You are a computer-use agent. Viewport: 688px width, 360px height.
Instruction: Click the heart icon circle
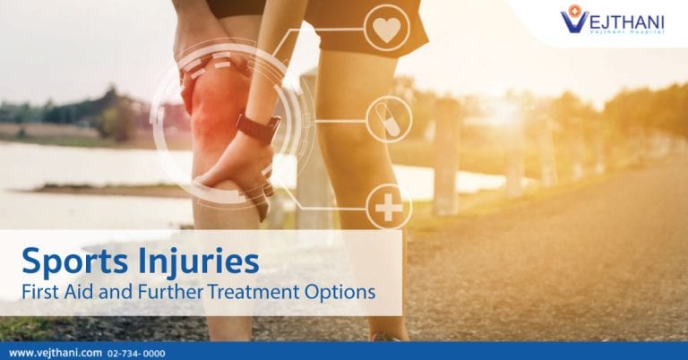(x=386, y=28)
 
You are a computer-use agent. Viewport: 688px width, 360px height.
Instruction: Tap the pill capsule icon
(x=389, y=119)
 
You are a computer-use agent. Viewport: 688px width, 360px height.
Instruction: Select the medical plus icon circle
(x=389, y=207)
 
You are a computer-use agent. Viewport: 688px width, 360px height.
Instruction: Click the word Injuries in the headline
(x=199, y=261)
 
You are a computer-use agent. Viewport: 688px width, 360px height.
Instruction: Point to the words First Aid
(x=56, y=293)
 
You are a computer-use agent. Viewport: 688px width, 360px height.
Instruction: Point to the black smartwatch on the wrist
(x=259, y=127)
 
